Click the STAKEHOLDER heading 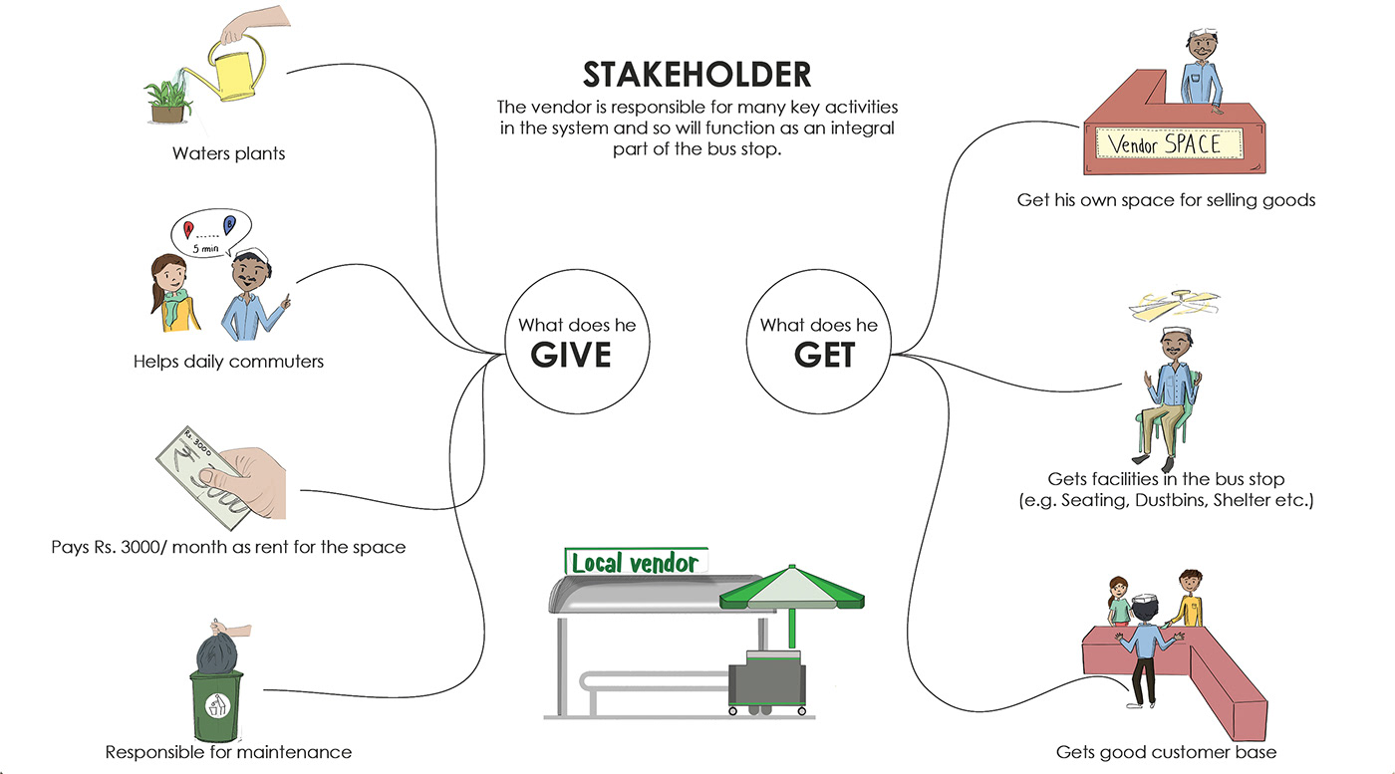point(697,75)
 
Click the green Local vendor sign point(635,562)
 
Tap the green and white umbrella point(792,589)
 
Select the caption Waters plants point(228,153)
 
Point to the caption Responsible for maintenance point(228,751)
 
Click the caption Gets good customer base point(1166,751)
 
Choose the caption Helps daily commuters point(228,361)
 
